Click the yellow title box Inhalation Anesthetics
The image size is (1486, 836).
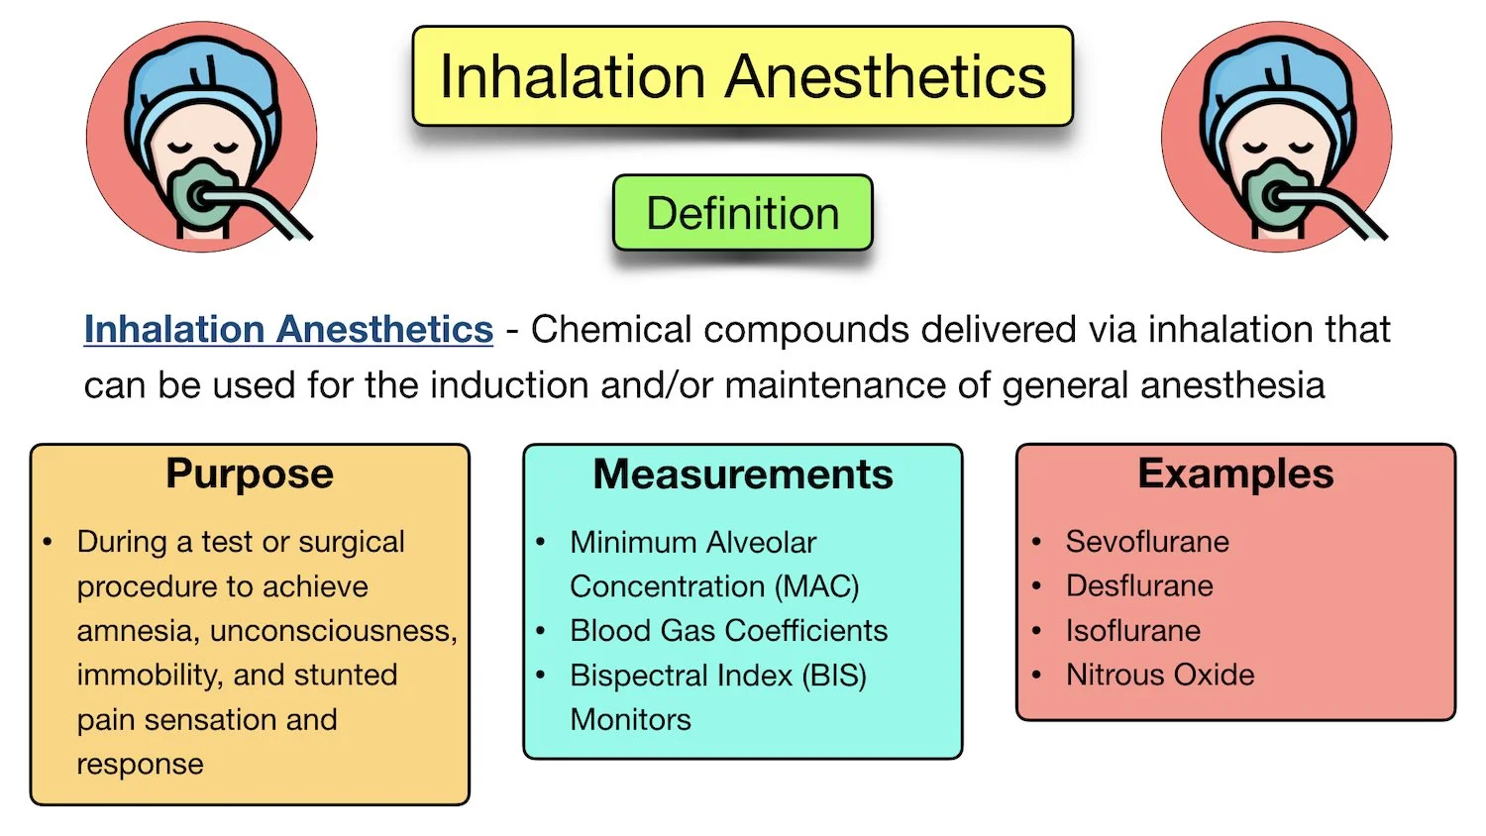(x=742, y=77)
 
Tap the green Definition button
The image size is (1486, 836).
(x=742, y=213)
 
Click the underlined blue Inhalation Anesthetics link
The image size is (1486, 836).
(x=288, y=329)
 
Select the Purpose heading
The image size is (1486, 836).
(x=249, y=473)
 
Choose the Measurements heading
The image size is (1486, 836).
(x=742, y=474)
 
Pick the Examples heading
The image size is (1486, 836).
(x=1235, y=473)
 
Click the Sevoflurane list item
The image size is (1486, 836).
(x=1147, y=542)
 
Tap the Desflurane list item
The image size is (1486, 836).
(x=1139, y=586)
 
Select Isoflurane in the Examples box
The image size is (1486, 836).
(x=1133, y=631)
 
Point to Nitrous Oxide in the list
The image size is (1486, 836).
(x=1160, y=676)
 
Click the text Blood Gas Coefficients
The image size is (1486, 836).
(x=728, y=631)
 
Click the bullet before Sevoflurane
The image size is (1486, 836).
(x=1036, y=542)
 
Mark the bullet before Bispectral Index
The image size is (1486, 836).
(x=541, y=676)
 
